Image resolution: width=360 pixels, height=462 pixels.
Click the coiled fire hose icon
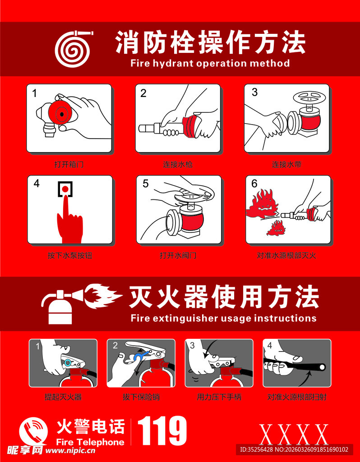pos(73,49)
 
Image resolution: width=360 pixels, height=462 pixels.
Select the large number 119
pos(162,431)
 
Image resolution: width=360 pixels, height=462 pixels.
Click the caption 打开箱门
pos(69,164)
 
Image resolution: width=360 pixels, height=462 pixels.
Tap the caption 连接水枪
pos(178,164)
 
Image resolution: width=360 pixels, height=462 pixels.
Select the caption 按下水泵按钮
pos(70,255)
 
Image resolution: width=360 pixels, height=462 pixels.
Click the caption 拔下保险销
pos(141,397)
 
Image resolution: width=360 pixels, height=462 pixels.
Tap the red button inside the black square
pos(65,188)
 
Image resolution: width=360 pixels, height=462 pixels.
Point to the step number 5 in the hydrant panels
pos(146,184)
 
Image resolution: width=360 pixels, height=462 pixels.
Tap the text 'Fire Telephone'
pos(90,442)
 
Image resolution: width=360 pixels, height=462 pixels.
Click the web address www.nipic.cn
pos(70,451)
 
